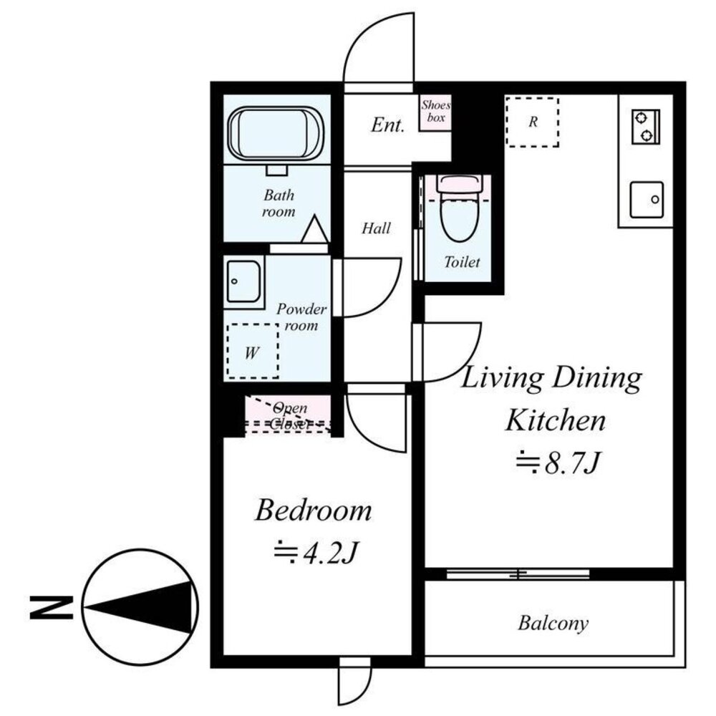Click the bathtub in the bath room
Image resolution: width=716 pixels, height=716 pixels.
coord(276,134)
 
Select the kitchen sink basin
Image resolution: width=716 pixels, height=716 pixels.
coord(647,200)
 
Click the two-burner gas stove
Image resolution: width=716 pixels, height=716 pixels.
coord(646,127)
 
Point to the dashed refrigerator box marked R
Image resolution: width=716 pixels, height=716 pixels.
coord(533,122)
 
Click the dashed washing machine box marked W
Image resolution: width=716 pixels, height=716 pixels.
coord(253,351)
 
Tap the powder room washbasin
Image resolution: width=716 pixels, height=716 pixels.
coord(243,281)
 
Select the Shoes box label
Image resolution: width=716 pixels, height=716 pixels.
coord(435,111)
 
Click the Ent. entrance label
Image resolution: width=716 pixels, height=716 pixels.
coord(387,125)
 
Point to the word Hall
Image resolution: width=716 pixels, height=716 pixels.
coord(377,228)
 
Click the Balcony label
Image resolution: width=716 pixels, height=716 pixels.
coord(553,623)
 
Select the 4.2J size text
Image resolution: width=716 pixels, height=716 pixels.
coord(315,552)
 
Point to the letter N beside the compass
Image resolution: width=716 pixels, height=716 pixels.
coord(51,607)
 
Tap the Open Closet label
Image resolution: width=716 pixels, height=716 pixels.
coord(289,415)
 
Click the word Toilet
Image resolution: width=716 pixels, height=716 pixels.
coord(462,262)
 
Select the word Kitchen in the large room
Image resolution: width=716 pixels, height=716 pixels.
coord(556,420)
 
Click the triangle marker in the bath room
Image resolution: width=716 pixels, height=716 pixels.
coord(314,229)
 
